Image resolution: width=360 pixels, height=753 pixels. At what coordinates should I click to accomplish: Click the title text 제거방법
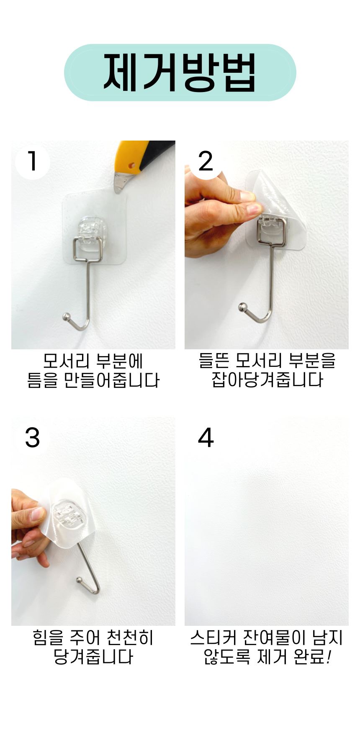pyautogui.click(x=180, y=72)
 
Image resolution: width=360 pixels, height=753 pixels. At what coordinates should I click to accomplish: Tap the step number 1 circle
pyautogui.click(x=32, y=162)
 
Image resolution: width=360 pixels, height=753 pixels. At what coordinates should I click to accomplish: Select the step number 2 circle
pyautogui.click(x=205, y=162)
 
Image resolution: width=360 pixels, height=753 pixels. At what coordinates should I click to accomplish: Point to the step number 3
pyautogui.click(x=32, y=438)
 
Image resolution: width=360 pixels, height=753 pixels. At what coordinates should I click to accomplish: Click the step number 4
pyautogui.click(x=206, y=438)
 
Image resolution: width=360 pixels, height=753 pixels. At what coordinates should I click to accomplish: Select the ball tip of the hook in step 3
pyautogui.click(x=80, y=580)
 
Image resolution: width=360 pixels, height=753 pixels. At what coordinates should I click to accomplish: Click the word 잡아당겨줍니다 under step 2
pyautogui.click(x=267, y=380)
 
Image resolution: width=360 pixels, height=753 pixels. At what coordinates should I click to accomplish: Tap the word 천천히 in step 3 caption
pyautogui.click(x=130, y=638)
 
